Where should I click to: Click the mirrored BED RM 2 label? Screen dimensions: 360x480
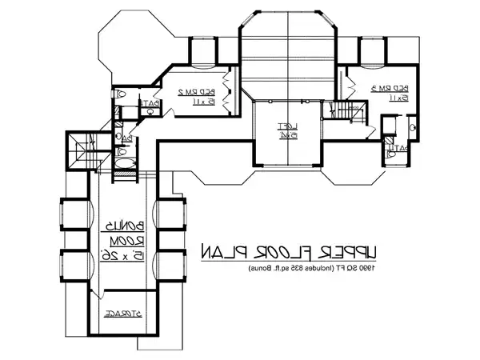(x=185, y=93)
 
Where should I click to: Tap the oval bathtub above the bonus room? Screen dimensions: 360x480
(x=125, y=166)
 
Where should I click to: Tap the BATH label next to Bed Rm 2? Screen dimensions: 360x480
(x=152, y=103)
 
